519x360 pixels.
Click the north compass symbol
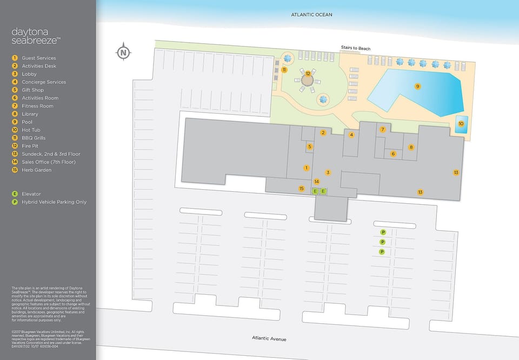124,52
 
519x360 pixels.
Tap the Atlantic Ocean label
311,15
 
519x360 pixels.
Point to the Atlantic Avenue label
269,339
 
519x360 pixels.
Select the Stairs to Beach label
355,49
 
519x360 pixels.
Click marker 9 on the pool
417,86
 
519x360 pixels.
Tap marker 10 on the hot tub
461,124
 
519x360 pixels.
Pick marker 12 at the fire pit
308,74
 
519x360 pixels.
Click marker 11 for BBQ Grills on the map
284,70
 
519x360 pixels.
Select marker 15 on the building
302,188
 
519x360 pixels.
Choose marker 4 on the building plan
351,135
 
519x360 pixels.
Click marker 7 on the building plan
382,129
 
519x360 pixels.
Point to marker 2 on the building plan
323,132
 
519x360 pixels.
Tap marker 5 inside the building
310,146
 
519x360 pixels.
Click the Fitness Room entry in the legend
37,106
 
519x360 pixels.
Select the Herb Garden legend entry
37,170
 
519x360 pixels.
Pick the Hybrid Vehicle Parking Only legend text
54,202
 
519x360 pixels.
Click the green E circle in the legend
15,194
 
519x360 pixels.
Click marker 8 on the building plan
411,147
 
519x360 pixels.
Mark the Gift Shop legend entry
32,90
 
